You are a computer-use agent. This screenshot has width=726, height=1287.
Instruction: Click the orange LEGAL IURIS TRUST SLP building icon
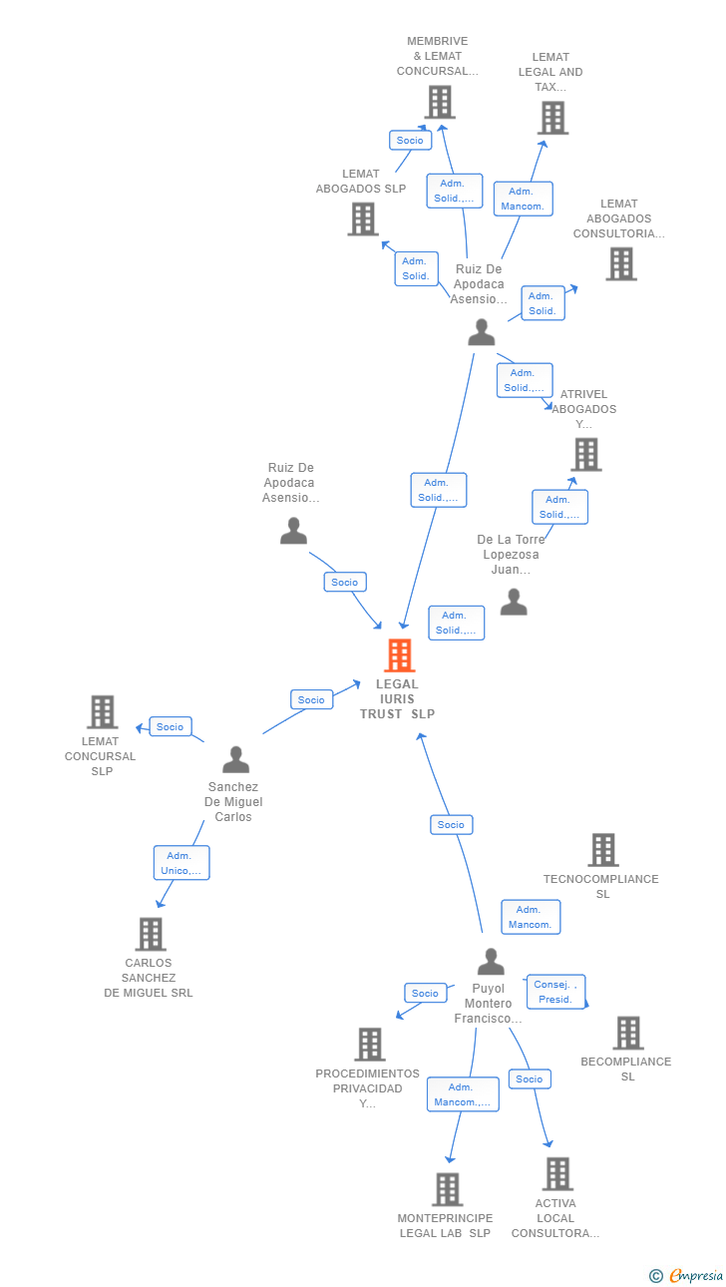(x=399, y=655)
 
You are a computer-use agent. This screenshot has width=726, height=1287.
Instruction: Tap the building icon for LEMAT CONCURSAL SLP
(x=102, y=711)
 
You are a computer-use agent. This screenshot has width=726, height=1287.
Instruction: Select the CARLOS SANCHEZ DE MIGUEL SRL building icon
(x=150, y=934)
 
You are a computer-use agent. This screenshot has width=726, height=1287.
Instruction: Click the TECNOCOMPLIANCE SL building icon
(x=602, y=850)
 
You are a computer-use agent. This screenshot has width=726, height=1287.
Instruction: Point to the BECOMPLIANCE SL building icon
(x=627, y=1033)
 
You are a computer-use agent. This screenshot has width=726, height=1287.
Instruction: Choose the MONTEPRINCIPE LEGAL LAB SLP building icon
(x=447, y=1189)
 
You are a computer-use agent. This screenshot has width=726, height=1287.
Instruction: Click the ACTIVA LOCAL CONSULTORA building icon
(x=557, y=1173)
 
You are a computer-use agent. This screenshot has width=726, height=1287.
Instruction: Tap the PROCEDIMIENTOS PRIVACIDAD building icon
(x=369, y=1044)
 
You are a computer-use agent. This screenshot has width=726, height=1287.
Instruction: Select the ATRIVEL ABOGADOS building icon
(x=585, y=454)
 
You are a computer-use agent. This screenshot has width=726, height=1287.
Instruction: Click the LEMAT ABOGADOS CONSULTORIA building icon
(x=620, y=263)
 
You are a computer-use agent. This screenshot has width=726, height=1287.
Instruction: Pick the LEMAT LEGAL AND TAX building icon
(x=552, y=118)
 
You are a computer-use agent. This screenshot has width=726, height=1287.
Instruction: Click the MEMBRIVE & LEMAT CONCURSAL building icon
(x=439, y=102)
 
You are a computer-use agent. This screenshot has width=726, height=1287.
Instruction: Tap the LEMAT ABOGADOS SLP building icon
(x=363, y=218)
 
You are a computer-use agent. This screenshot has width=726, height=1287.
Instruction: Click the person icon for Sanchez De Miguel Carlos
(x=235, y=759)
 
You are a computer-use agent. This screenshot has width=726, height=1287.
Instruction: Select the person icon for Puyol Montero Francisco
(x=490, y=962)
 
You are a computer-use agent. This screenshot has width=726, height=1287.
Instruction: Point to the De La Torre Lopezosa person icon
(x=513, y=602)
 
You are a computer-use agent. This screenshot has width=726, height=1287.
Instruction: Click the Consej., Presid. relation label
(x=555, y=992)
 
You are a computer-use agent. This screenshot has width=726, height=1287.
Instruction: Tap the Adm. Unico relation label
(x=181, y=863)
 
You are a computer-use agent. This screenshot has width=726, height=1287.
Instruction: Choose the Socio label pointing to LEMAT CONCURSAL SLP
(x=170, y=726)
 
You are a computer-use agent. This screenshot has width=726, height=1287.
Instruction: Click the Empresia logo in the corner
(x=688, y=1275)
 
